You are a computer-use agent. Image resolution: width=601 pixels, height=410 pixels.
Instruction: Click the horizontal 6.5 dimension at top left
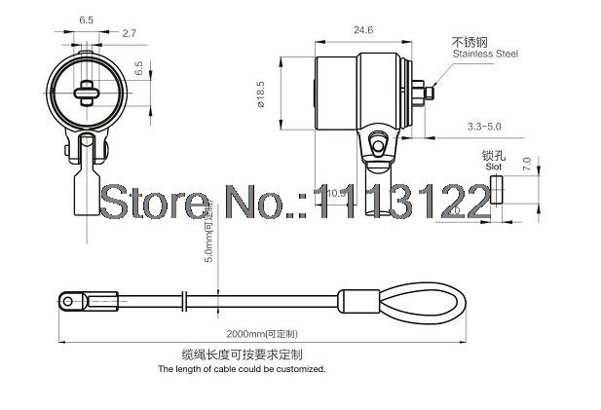86,19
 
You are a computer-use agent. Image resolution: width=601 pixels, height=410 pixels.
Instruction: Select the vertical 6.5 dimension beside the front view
138,70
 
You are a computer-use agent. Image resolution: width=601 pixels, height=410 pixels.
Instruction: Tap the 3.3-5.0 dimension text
486,127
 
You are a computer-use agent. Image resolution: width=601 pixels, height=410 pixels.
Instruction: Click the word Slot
493,167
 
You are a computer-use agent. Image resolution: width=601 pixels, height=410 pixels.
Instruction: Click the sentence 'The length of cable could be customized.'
242,369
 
